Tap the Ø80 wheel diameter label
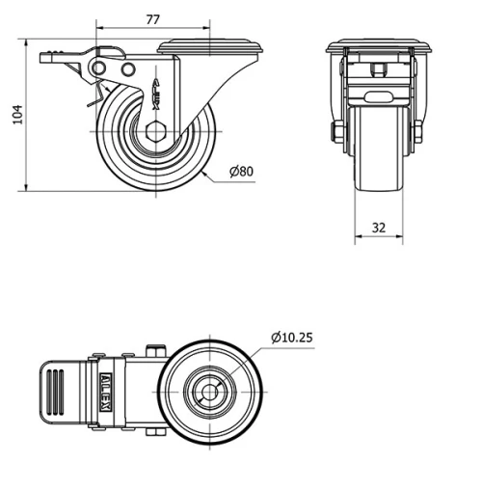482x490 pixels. click(241, 172)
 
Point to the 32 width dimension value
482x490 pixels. click(379, 228)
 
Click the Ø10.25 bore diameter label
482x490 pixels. click(292, 337)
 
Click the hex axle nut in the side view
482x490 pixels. click(157, 133)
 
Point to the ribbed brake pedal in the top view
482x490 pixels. click(59, 394)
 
